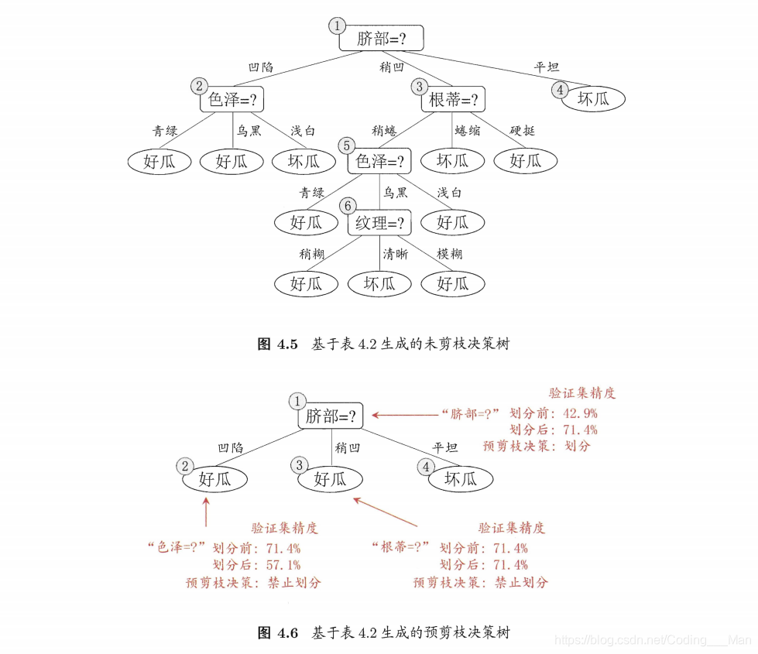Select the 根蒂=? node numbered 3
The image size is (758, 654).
[452, 100]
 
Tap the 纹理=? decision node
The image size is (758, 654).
[380, 224]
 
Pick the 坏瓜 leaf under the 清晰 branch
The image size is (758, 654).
[379, 284]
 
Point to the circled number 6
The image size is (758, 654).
[348, 206]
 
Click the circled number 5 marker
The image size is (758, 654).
[346, 145]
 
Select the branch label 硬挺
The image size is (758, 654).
[522, 130]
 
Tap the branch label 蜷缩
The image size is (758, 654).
[467, 130]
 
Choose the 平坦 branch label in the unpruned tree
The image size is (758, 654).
[547, 67]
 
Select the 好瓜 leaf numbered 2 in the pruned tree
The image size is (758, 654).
[215, 479]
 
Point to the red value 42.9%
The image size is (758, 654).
[578, 414]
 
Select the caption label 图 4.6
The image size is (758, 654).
[277, 633]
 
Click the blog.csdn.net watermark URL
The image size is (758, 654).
[654, 640]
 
